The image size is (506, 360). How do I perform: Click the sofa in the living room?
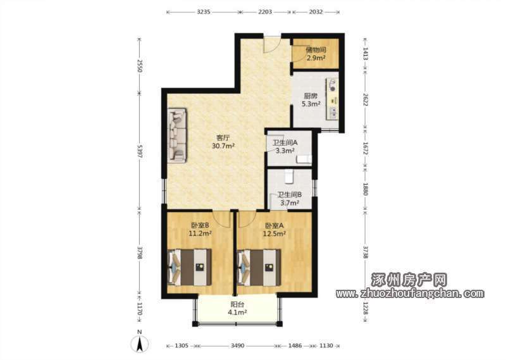pyautogui.click(x=177, y=135)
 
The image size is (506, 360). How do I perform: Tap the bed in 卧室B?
pyautogui.click(x=190, y=267)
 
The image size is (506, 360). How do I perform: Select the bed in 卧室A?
pyautogui.click(x=259, y=267)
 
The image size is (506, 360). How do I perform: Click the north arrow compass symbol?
pyautogui.click(x=139, y=342)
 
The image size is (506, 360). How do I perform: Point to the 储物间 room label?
pyautogui.click(x=316, y=50)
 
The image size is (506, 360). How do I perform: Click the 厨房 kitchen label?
pyautogui.click(x=311, y=96)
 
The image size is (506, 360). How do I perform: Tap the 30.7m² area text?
pyautogui.click(x=223, y=146)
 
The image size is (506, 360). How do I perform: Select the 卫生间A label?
pyautogui.click(x=285, y=142)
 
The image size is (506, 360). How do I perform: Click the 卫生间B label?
pyautogui.click(x=290, y=195)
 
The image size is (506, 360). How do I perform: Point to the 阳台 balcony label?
pyautogui.click(x=237, y=304)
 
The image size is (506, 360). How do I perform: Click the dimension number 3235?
pyautogui.click(x=204, y=12)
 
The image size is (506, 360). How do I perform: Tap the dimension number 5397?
pyautogui.click(x=139, y=151)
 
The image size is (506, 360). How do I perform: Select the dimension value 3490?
pyautogui.click(x=237, y=346)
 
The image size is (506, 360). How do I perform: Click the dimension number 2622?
pyautogui.click(x=366, y=100)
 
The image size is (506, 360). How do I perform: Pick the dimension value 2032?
pyautogui.click(x=316, y=12)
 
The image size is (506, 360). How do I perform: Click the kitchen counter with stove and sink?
pyautogui.click(x=333, y=99)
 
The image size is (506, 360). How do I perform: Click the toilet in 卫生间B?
pyautogui.click(x=288, y=177)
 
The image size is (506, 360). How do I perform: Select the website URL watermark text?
pyautogui.click(x=409, y=293)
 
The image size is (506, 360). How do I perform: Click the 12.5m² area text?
pyautogui.click(x=275, y=233)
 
